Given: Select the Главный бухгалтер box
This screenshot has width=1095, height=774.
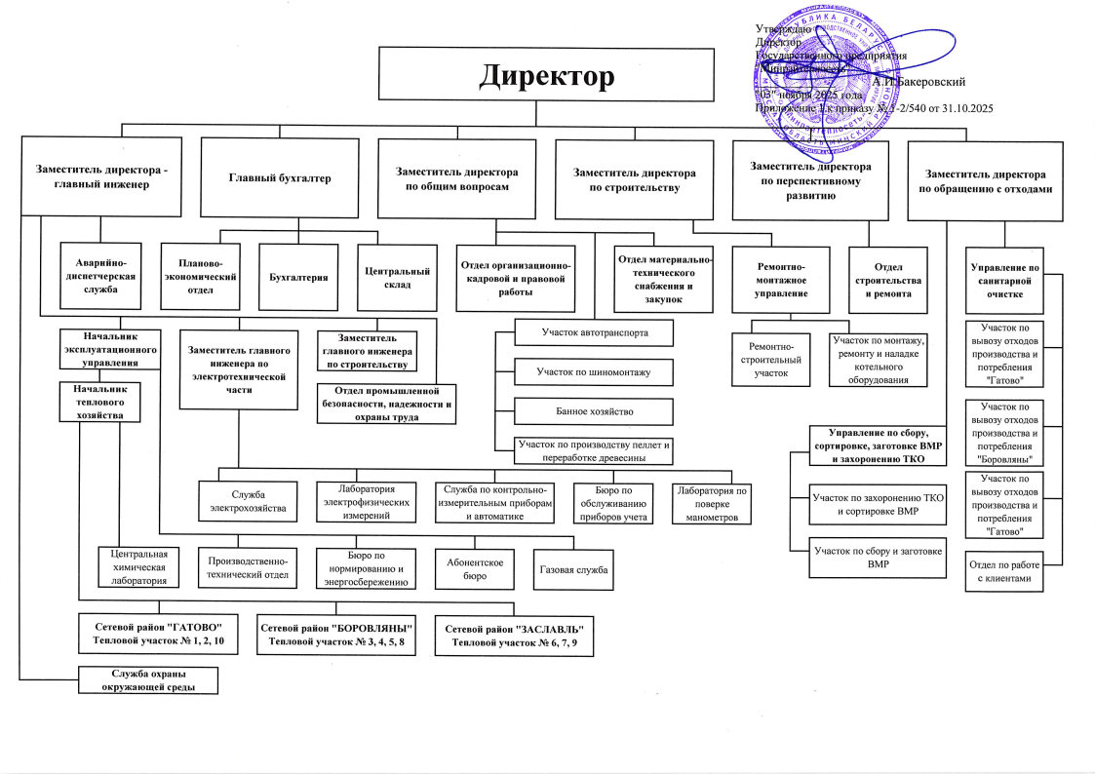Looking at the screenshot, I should (x=280, y=178).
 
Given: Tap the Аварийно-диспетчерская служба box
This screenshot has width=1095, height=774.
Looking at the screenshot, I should (x=101, y=276).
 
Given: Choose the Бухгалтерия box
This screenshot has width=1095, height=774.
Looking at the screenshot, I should (x=297, y=277).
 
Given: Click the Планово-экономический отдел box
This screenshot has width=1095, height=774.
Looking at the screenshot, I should (x=199, y=277).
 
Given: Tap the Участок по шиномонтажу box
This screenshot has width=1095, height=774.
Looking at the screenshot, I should (x=593, y=371).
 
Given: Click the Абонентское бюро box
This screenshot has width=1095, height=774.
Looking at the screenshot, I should (x=474, y=569).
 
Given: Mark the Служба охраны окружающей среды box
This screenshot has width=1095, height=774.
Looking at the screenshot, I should (x=149, y=680).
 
